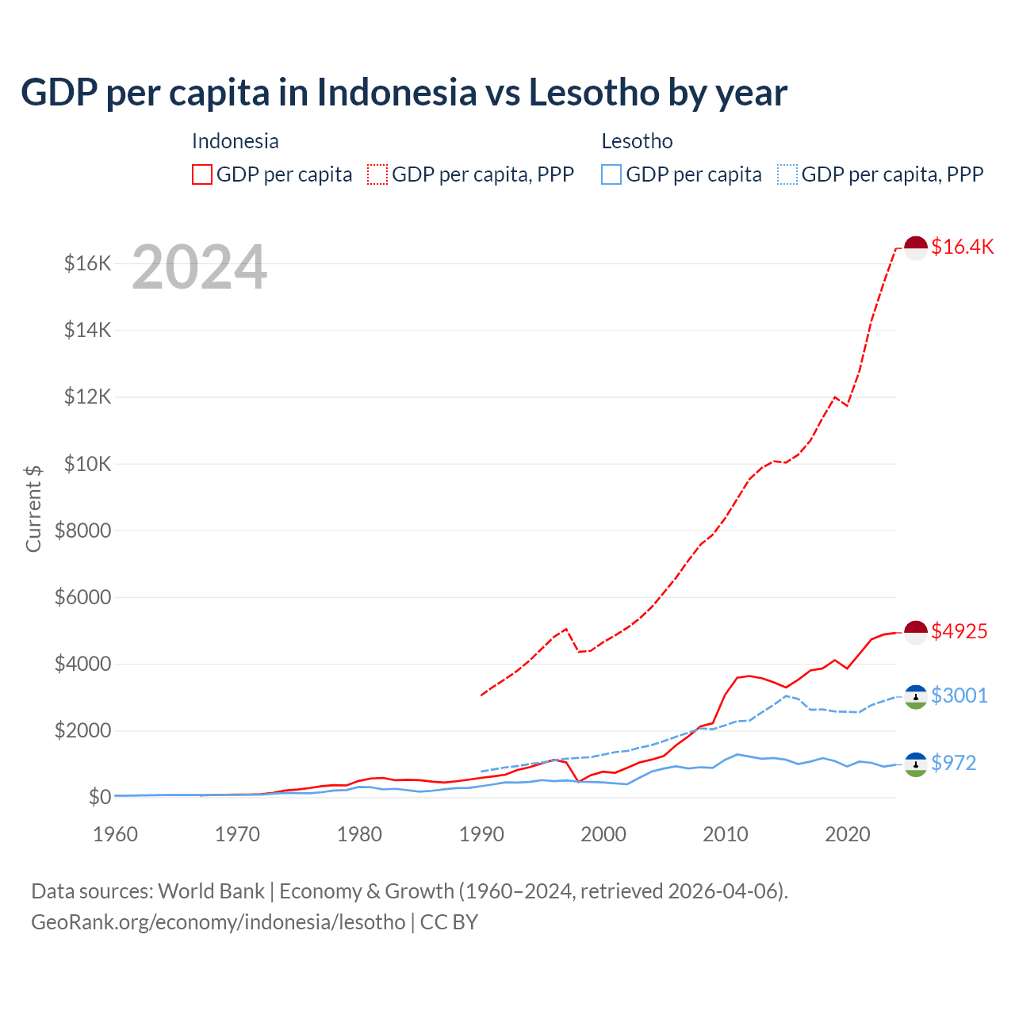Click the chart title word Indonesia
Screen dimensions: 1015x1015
pyautogui.click(x=397, y=93)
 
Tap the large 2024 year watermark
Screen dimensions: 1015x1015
pyautogui.click(x=199, y=268)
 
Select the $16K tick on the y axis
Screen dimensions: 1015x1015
pyautogui.click(x=87, y=263)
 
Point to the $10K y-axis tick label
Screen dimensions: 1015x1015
pyautogui.click(x=87, y=464)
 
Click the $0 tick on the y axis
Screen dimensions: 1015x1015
pyautogui.click(x=99, y=797)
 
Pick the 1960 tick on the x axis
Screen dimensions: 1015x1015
pyautogui.click(x=116, y=834)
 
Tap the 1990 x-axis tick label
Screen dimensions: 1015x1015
pyautogui.click(x=481, y=834)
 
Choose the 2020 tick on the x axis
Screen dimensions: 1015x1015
pyautogui.click(x=848, y=834)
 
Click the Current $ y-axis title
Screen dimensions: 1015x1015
pyautogui.click(x=33, y=508)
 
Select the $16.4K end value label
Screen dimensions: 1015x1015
pyautogui.click(x=962, y=247)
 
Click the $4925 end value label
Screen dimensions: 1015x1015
pyautogui.click(x=959, y=631)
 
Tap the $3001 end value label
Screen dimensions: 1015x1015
pyautogui.click(x=959, y=695)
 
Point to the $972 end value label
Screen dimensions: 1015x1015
pyautogui.click(x=954, y=763)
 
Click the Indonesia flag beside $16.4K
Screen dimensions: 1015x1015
pyautogui.click(x=916, y=247)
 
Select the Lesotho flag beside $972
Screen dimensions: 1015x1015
pyautogui.click(x=916, y=764)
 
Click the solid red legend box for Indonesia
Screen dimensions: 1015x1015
pyautogui.click(x=202, y=174)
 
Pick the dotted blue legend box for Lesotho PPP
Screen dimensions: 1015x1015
pyautogui.click(x=787, y=174)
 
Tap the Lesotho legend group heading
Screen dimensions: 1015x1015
pyautogui.click(x=637, y=141)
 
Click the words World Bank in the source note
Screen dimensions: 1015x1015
pyautogui.click(x=211, y=891)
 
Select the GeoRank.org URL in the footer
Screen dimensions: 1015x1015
pyautogui.click(x=218, y=922)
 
